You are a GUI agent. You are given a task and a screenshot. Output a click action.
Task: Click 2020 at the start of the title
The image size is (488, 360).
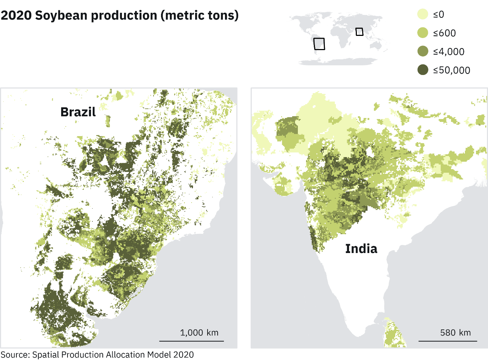[x=16, y=16]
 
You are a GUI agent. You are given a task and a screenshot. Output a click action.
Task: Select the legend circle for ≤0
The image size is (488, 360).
[x=423, y=14]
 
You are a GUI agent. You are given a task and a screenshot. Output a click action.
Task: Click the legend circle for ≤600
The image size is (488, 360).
[x=423, y=33]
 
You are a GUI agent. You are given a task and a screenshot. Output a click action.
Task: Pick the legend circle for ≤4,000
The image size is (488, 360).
[x=423, y=52]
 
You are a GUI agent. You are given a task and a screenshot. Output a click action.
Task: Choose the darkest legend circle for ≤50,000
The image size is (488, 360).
[x=423, y=70]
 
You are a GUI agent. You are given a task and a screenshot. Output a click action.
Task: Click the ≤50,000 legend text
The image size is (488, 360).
[x=452, y=70]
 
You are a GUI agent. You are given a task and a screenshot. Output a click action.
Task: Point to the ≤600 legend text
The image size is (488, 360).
[x=445, y=33]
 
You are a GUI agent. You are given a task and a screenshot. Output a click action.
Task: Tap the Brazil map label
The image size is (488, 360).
[x=78, y=112]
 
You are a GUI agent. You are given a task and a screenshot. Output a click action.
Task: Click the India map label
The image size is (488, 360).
[x=361, y=249]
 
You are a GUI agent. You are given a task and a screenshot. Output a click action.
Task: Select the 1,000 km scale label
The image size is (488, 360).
[x=199, y=333]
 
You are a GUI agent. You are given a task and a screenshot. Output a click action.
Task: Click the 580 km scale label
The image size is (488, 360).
[x=455, y=333]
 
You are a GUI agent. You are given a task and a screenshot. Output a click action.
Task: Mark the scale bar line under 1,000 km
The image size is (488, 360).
[x=192, y=341]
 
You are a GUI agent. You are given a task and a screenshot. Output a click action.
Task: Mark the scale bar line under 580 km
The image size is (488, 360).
[x=447, y=341]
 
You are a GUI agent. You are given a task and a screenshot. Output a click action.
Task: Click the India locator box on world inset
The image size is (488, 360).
[x=359, y=32]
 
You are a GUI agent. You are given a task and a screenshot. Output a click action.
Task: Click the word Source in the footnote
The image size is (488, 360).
[x=15, y=355]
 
